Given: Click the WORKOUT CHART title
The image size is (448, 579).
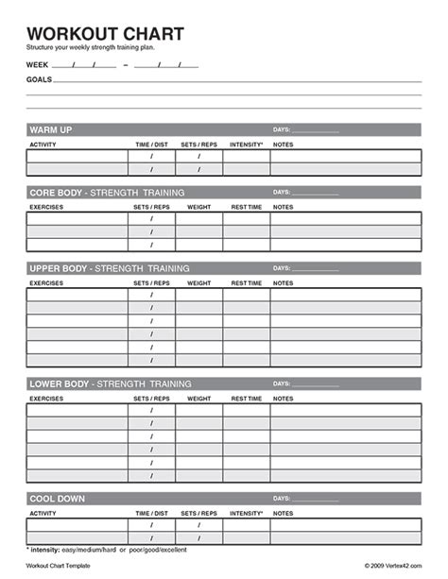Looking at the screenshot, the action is pos(105,33).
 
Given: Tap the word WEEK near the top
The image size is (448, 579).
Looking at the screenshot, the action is pos(37,65).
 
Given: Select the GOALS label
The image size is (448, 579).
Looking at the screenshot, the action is pos(39,79).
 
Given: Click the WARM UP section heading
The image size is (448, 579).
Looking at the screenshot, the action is pos(51,129).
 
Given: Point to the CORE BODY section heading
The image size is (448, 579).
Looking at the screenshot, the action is pos(57,192).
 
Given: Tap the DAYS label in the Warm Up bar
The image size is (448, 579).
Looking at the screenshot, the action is pos(282,129).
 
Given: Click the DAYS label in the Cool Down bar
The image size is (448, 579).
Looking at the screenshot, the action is pos(282,498).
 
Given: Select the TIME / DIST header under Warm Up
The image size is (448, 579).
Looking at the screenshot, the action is pos(151,145).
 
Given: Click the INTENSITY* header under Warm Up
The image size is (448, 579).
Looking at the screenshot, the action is pos(246,145).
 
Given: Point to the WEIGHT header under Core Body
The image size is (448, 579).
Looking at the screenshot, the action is pos(198,207).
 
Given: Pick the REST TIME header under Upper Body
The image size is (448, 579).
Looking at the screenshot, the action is pos(246,282).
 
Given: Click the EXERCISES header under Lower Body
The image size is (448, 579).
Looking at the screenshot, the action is pos(47,399).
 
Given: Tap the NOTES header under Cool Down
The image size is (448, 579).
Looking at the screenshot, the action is pos(283,513).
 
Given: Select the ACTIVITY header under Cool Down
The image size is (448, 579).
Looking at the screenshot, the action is pos(43,513).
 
